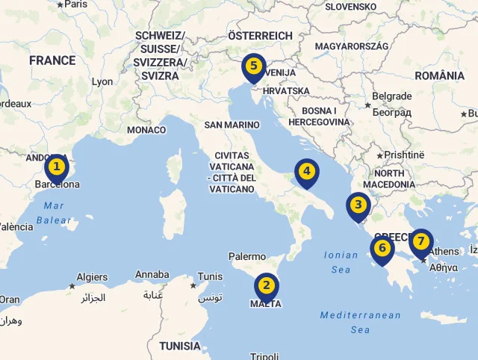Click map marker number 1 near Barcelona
(56, 167)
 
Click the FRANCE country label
(52, 60)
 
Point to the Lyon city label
(102, 81)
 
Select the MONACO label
(146, 130)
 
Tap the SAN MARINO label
(232, 125)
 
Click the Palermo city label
(247, 256)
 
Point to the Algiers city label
(92, 277)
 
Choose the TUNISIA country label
(180, 346)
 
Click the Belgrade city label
(391, 96)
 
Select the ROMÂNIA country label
(439, 75)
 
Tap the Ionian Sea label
(341, 261)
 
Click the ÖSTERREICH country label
(260, 36)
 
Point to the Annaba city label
(152, 275)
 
